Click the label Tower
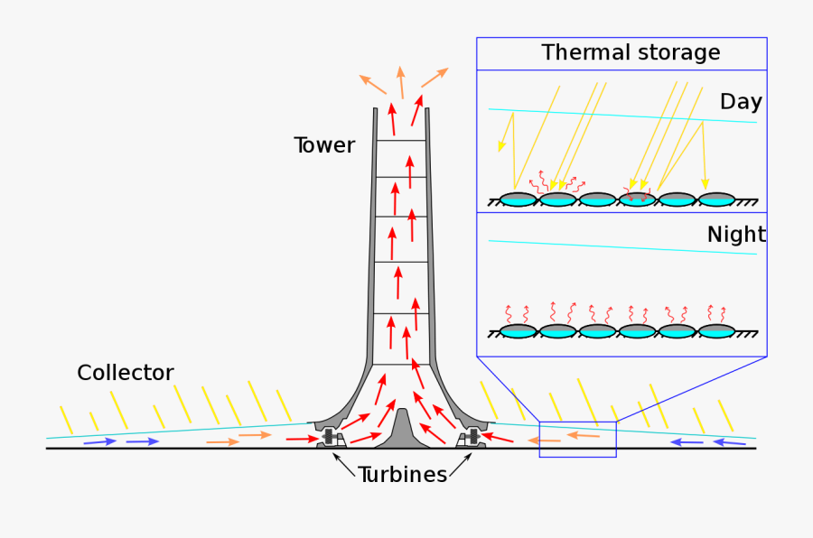[x=323, y=145]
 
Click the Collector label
[x=125, y=373]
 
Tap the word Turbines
[x=402, y=475]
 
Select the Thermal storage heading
[x=631, y=52]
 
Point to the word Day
[x=740, y=102]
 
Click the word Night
[x=735, y=235]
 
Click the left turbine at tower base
[x=330, y=439]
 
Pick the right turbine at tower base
[x=471, y=439]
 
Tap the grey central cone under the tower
[x=401, y=431]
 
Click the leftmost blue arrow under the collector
[x=99, y=442]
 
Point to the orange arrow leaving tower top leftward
[x=373, y=85]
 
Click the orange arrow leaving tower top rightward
[x=435, y=78]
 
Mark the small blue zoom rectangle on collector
[x=578, y=439]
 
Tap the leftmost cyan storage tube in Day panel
[x=519, y=199]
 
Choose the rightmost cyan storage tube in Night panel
[x=715, y=331]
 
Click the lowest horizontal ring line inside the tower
[x=401, y=364]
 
